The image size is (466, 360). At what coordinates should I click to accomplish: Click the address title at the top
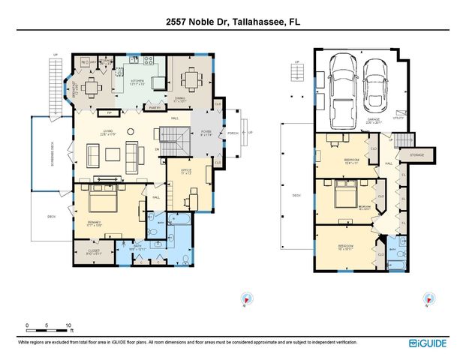(x=233, y=22)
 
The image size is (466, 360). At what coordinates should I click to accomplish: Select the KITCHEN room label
(x=137, y=82)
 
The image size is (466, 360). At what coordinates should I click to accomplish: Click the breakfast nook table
(x=90, y=88)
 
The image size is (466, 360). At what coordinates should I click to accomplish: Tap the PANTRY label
(x=155, y=108)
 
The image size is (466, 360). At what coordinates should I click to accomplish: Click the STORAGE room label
(x=417, y=155)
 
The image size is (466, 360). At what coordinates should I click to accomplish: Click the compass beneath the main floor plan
(x=245, y=298)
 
